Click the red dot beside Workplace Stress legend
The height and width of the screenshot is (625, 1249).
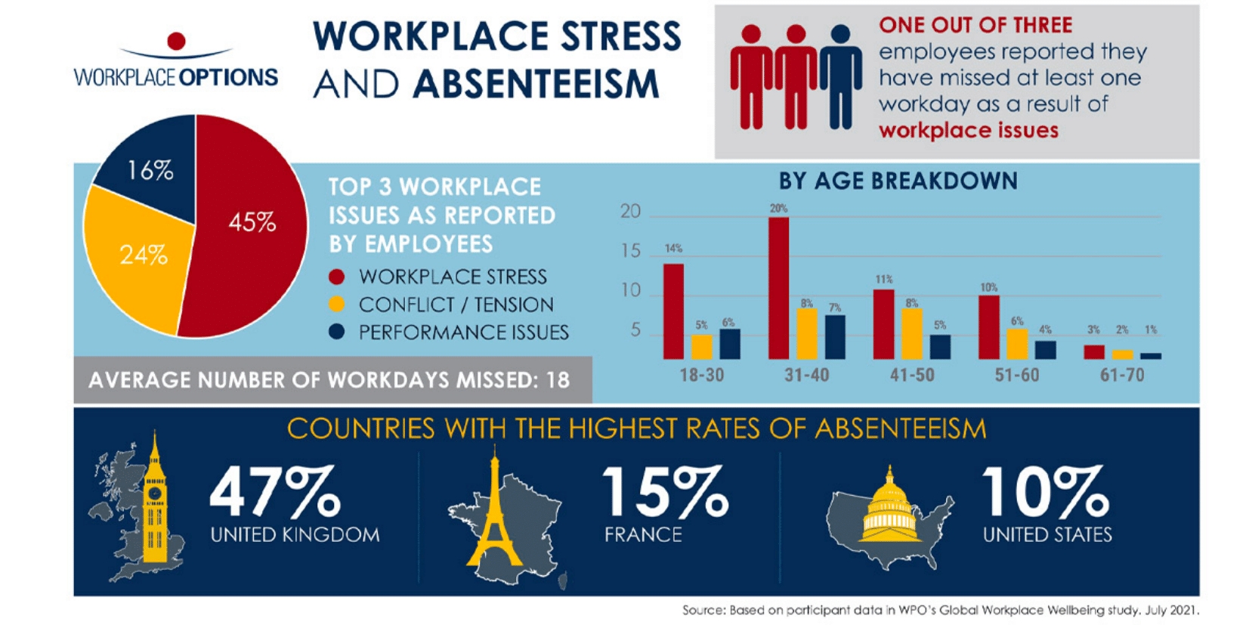[x=337, y=277]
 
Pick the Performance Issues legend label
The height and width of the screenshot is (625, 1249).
[x=463, y=333]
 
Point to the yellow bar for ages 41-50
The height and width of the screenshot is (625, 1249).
[x=912, y=333]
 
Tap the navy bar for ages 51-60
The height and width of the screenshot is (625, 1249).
[x=1046, y=350]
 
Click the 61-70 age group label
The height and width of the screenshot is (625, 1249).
[x=1121, y=375]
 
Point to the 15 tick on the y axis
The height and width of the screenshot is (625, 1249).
[x=630, y=251]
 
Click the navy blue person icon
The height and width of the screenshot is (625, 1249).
[x=841, y=76]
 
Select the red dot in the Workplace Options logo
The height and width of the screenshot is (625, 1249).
[x=176, y=41]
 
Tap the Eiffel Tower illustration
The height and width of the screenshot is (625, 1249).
[x=495, y=514]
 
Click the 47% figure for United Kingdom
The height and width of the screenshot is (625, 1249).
[x=275, y=492]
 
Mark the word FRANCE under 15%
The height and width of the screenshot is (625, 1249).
[x=643, y=535]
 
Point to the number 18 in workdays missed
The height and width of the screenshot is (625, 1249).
[x=558, y=380]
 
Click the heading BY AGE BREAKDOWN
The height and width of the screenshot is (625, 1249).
[x=898, y=181]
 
